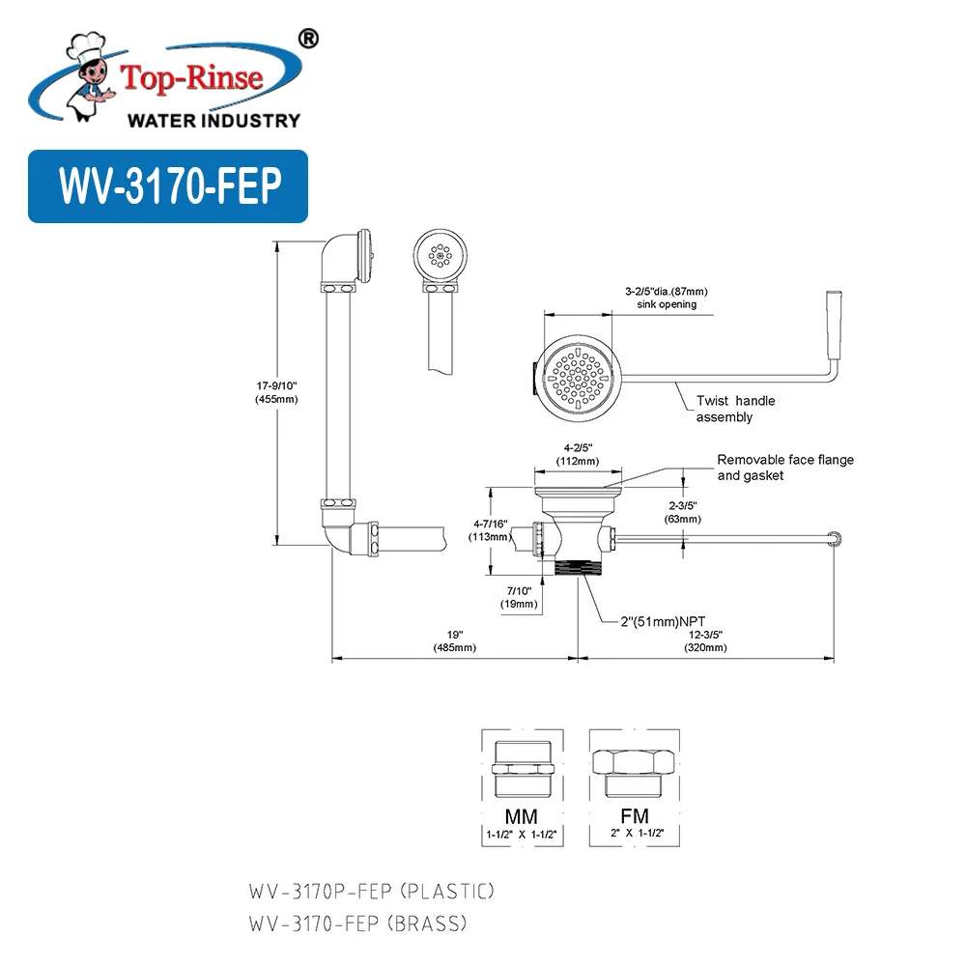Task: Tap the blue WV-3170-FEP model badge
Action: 168,186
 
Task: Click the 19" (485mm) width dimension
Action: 455,641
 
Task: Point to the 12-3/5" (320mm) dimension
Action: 705,641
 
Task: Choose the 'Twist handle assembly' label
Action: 735,409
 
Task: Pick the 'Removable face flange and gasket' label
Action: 784,468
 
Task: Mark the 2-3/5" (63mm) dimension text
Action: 682,512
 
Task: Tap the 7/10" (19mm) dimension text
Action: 519,597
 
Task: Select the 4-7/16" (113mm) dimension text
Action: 490,530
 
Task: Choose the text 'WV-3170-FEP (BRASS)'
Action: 357,924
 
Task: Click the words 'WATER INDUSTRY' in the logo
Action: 213,121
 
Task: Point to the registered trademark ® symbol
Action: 306,38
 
